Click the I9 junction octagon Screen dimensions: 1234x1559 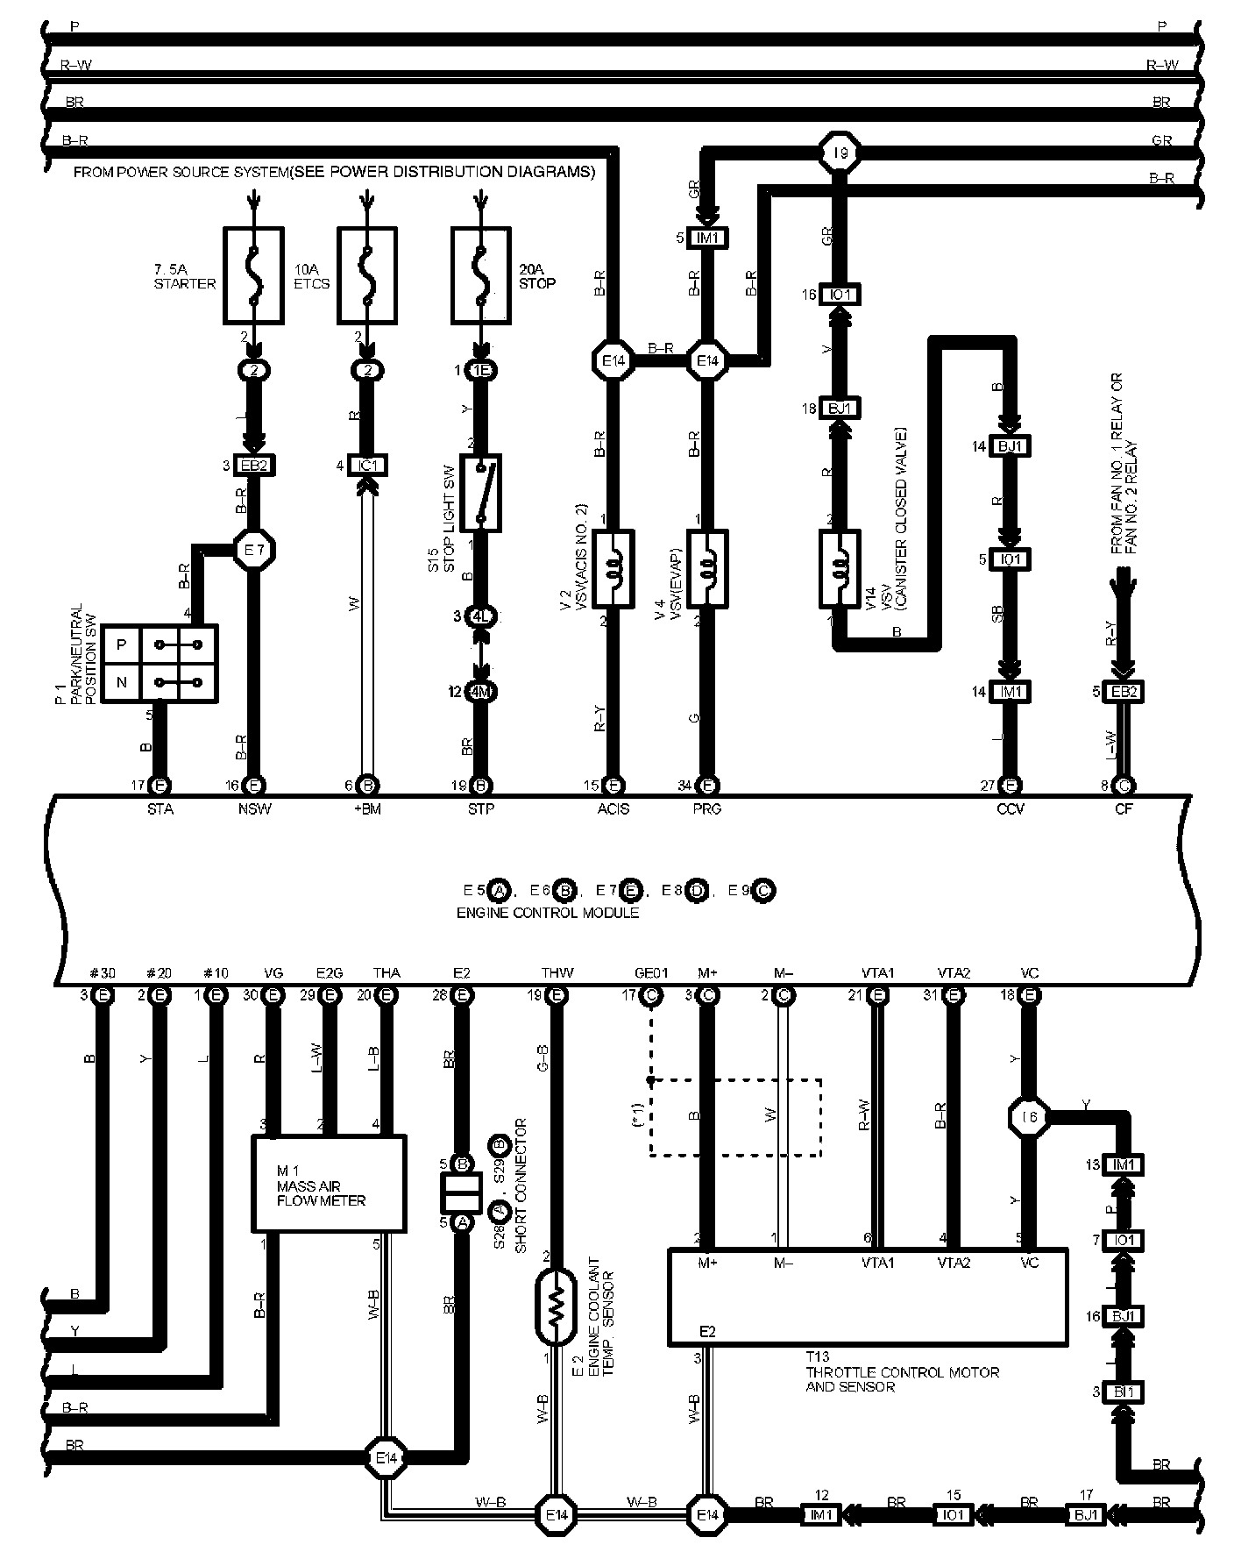click(x=840, y=154)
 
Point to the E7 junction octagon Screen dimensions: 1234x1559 click(x=254, y=551)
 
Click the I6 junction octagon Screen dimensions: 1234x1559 click(x=1029, y=1117)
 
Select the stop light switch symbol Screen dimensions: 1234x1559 click(x=480, y=493)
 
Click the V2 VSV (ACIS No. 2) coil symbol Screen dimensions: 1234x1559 click(x=613, y=567)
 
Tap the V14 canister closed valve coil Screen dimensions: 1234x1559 click(x=840, y=568)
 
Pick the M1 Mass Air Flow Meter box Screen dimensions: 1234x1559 click(x=329, y=1184)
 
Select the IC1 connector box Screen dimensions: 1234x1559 click(x=367, y=465)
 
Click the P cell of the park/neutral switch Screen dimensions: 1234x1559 click(x=122, y=644)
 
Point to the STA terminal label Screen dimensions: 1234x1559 click(x=160, y=809)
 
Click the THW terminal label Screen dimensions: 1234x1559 click(x=557, y=972)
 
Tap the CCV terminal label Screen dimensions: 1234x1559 click(x=1011, y=809)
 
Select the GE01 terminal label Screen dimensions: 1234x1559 click(x=651, y=972)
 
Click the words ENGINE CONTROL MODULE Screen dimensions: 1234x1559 click(x=548, y=913)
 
